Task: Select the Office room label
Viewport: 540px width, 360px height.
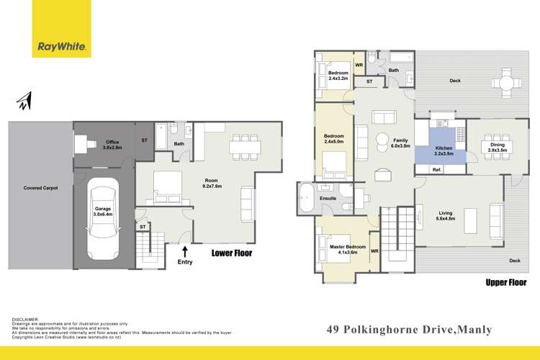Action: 111,144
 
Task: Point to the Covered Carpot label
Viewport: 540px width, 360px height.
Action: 40,189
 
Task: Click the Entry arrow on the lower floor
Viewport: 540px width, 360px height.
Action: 185,252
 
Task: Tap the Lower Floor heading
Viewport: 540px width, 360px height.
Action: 231,253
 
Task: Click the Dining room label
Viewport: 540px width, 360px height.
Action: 498,148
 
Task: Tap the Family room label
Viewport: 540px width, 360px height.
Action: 401,143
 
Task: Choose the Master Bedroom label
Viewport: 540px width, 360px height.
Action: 343,249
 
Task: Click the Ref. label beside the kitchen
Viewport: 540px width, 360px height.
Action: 436,169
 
